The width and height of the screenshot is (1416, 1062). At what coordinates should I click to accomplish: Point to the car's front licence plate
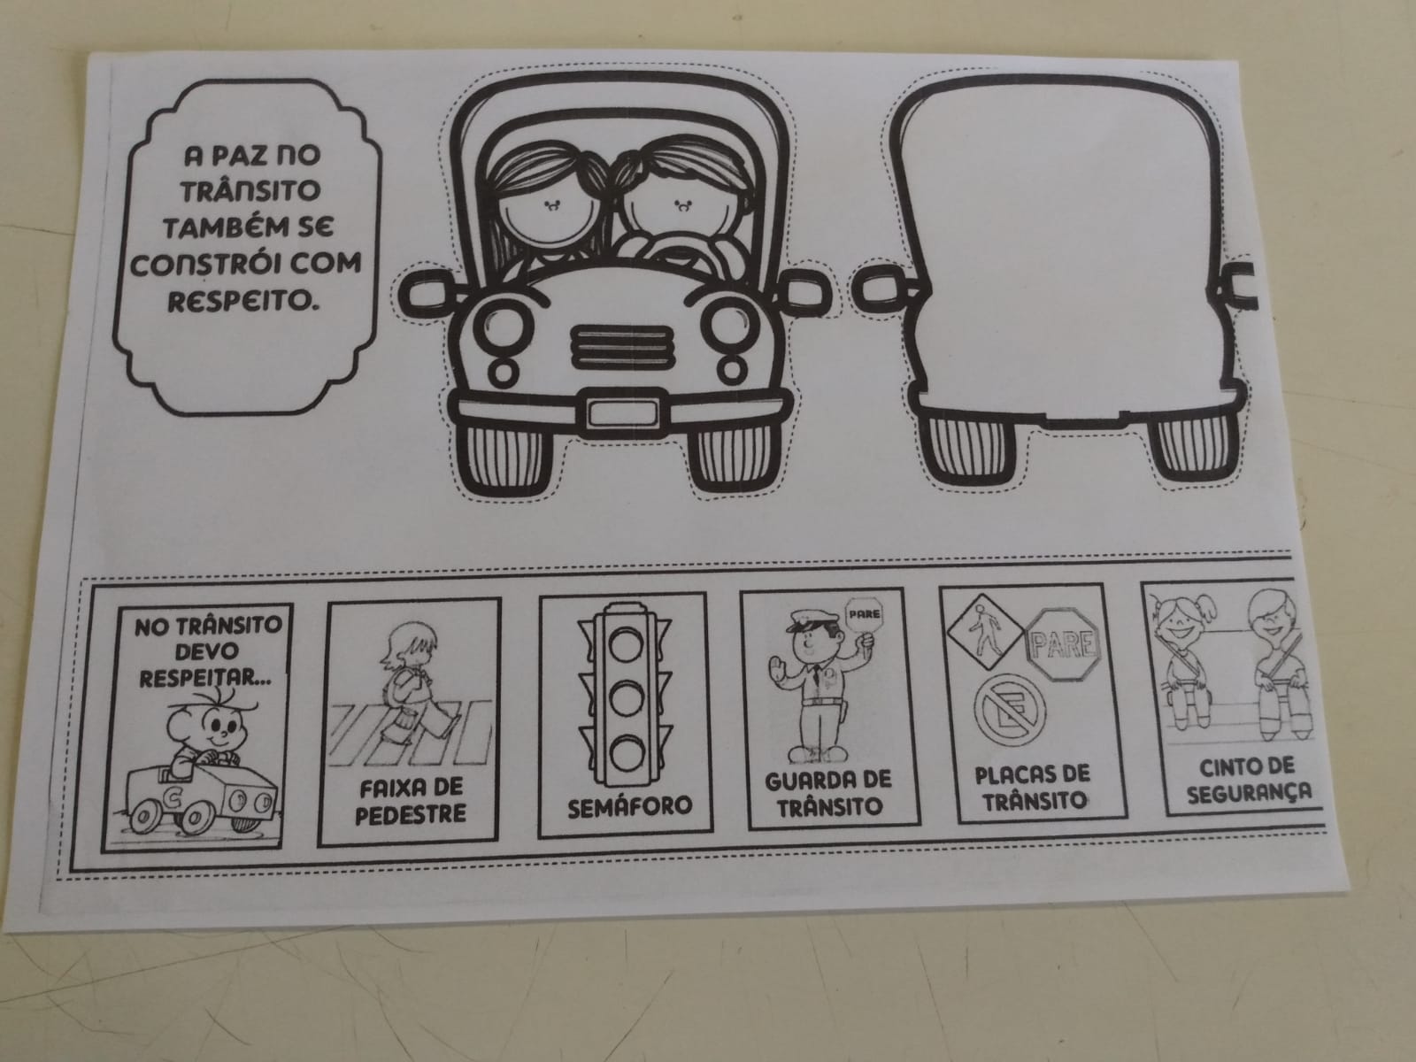[622, 412]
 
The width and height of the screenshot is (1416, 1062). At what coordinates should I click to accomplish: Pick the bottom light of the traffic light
[625, 753]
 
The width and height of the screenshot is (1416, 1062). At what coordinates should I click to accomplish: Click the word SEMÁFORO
[629, 806]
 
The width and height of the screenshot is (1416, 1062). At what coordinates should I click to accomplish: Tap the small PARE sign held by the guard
[863, 614]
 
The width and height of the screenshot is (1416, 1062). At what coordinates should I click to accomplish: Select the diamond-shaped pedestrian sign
[984, 633]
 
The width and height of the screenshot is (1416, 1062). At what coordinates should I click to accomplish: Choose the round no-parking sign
[1011, 709]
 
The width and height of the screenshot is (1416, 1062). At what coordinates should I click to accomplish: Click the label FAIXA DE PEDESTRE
[411, 801]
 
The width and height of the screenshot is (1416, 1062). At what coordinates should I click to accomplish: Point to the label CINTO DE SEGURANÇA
[1248, 780]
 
